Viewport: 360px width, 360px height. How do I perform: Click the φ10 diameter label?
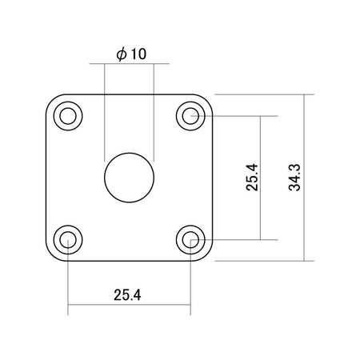131,54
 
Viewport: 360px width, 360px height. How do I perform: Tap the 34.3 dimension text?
294,178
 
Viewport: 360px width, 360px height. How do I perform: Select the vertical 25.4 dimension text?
252,178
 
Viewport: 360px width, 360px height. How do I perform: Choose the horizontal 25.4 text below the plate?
127,295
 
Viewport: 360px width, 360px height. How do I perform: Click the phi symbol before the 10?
122,54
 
